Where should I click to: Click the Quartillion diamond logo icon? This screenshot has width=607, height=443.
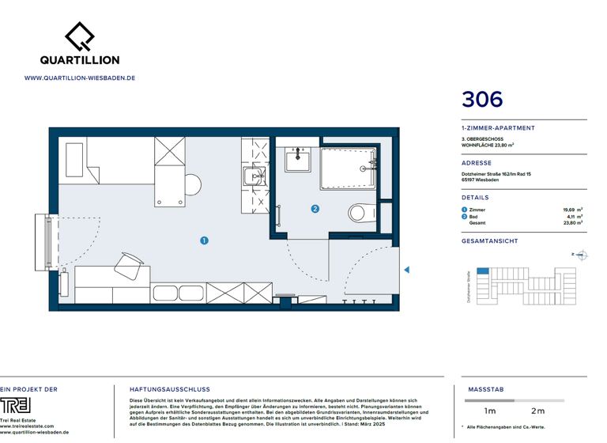coord(80,35)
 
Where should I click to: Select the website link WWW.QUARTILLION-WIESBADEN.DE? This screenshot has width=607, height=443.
coord(80,78)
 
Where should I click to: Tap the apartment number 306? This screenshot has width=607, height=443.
coord(482,100)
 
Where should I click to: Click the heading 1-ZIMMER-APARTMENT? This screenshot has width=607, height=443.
coord(498,127)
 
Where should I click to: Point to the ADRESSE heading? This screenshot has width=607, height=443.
coord(477,163)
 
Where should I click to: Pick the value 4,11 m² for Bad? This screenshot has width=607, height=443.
coord(575,216)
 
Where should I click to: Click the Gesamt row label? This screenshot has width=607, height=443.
coord(477,223)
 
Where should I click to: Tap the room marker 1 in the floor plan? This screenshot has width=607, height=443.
coord(204,240)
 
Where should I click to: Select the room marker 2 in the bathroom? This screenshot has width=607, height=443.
coord(315,209)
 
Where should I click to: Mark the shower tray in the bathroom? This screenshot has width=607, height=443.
coord(349,168)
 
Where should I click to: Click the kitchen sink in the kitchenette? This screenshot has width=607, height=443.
coord(254,176)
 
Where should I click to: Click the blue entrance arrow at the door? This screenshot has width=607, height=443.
coord(407,270)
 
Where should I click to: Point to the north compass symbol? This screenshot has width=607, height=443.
coord(581,255)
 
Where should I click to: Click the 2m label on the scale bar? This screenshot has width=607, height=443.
coord(537,411)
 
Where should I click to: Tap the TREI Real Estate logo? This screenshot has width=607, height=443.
coord(16,405)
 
